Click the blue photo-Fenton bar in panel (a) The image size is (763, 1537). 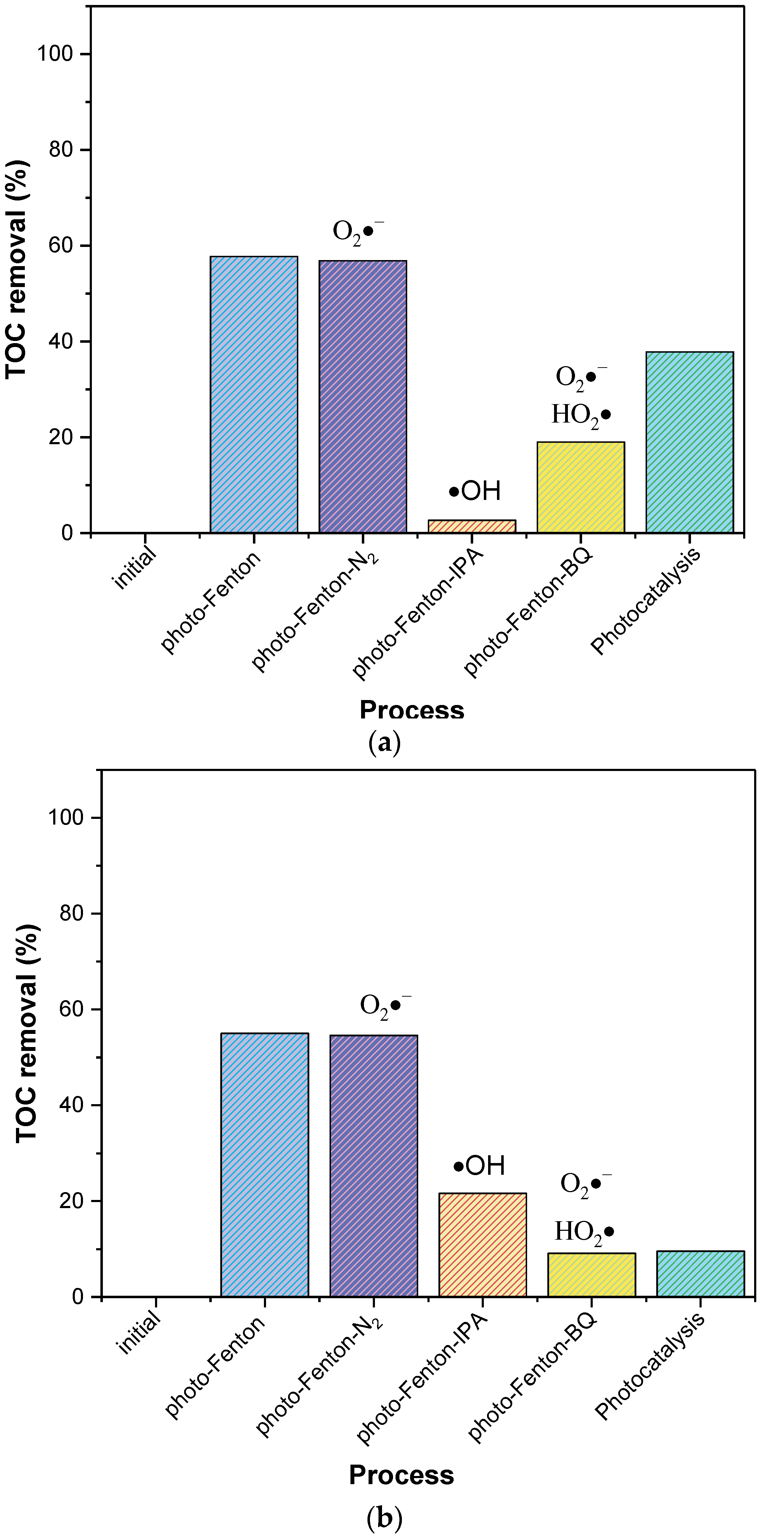(254, 395)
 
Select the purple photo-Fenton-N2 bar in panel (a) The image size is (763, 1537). (363, 396)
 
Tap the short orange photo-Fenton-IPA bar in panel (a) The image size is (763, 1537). (472, 526)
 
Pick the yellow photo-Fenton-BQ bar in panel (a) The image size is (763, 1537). (580, 487)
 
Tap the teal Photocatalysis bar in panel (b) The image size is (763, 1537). (700, 1274)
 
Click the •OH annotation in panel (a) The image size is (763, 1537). (475, 491)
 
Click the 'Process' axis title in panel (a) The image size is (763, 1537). (411, 710)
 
